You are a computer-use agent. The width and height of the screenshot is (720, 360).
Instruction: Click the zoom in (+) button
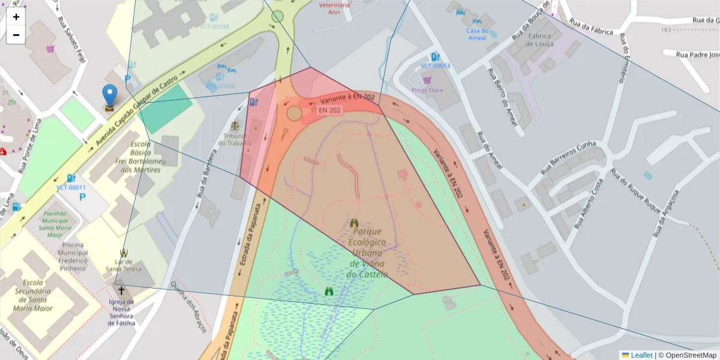click(x=16, y=17)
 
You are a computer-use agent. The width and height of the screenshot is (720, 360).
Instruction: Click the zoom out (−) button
click(x=16, y=35)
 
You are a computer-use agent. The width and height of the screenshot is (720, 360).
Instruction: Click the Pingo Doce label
click(x=427, y=90)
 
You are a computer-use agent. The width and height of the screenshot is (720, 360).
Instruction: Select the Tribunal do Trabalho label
click(x=235, y=139)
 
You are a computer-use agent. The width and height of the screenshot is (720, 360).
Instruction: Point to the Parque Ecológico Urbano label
click(x=368, y=253)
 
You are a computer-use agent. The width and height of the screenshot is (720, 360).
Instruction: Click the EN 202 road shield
click(x=330, y=110)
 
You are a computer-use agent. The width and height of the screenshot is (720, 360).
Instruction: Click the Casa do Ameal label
click(x=478, y=34)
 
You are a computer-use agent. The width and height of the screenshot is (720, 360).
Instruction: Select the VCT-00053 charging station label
click(x=435, y=66)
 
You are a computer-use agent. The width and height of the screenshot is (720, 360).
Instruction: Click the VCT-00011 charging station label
click(x=71, y=187)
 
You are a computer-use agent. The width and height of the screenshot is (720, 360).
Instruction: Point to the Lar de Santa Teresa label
click(x=124, y=265)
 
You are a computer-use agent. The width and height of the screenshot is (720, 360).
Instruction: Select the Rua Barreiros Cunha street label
click(x=568, y=157)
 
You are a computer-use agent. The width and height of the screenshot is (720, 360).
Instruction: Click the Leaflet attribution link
click(x=641, y=355)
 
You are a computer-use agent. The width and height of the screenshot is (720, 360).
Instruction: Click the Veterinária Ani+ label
click(x=334, y=8)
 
